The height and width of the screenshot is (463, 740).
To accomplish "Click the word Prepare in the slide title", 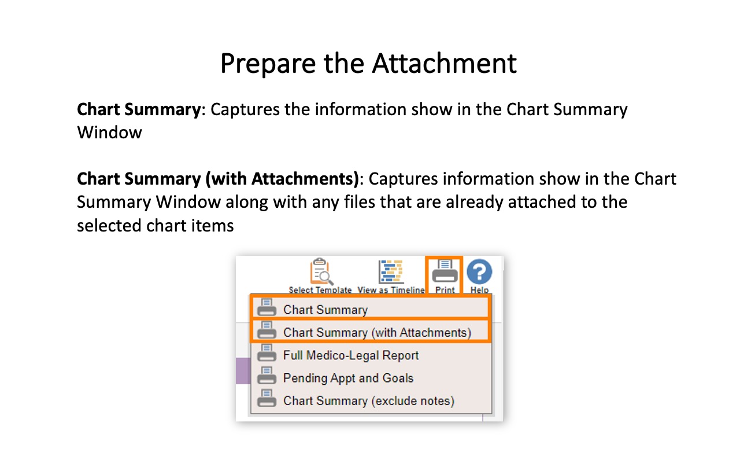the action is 268,64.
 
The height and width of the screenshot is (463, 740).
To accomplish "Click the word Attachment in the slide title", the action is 445,63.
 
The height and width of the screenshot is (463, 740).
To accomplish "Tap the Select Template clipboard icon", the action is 321,271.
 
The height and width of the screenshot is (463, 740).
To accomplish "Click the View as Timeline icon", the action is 391,272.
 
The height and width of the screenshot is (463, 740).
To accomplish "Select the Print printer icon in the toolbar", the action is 445,271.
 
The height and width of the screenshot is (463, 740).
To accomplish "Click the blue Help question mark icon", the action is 479,272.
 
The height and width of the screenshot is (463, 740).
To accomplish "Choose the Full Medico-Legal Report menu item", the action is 351,355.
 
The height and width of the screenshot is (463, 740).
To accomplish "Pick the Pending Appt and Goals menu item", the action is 348,378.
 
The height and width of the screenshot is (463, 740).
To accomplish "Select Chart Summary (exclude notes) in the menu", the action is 369,401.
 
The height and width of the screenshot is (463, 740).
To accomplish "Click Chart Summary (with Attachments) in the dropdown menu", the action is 377,332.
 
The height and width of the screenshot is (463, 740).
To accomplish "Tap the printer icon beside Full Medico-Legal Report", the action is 267,352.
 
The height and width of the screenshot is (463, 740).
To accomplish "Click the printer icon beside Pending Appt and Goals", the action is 267,376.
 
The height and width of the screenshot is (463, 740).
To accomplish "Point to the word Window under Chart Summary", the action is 109,133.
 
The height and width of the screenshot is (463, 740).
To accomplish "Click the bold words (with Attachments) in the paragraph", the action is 282,179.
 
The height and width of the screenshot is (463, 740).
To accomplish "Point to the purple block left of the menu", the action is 243,371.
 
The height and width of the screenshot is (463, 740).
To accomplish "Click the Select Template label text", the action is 320,290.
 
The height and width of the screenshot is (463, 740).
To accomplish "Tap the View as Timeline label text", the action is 391,290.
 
